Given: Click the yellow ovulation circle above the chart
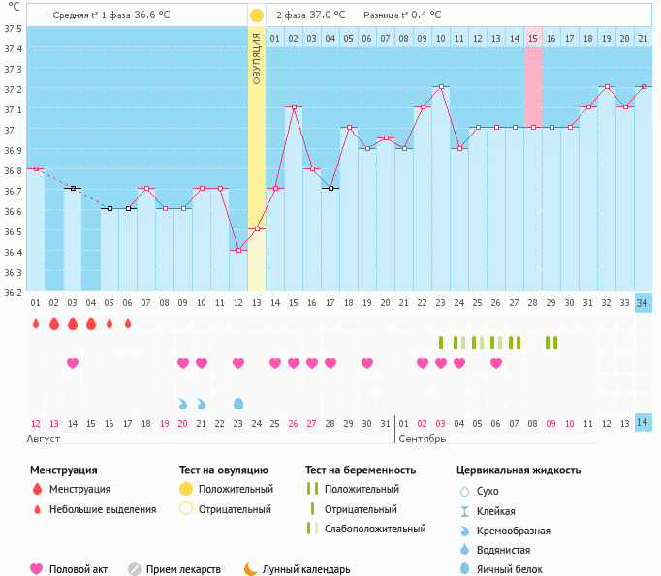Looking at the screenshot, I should tap(256, 15).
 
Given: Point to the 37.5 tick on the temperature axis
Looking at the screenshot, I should tap(14, 28).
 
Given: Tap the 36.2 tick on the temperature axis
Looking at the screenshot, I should tap(14, 291).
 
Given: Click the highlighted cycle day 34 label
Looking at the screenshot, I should tap(643, 303).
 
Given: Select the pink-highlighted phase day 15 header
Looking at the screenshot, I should tap(533, 38).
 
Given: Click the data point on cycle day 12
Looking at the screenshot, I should tap(238, 251).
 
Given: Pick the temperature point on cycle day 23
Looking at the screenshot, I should tap(441, 87).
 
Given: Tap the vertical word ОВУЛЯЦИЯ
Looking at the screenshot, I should tap(256, 59).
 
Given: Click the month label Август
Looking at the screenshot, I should tap(46, 440).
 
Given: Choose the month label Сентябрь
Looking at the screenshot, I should tap(422, 440).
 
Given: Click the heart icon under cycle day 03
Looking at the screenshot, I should tap(73, 363).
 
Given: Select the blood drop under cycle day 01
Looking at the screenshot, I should tap(36, 323).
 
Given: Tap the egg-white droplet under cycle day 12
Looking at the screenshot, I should tap(238, 403).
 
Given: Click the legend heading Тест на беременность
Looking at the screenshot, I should tap(361, 470).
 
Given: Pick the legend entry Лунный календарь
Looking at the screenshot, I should tap(303, 569).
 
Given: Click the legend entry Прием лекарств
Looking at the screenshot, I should tap(183, 569).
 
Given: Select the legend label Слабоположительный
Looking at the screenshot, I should tap(375, 529).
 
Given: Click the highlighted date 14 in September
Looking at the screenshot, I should tap(643, 422).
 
